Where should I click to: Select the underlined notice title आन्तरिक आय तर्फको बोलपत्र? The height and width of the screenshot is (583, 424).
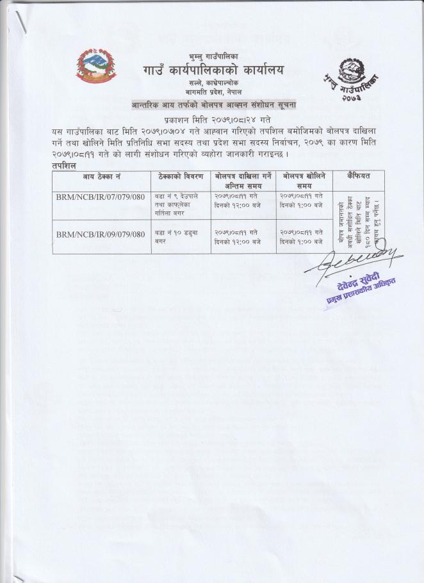[x=213, y=104]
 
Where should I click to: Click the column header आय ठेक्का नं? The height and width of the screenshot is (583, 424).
[x=101, y=176]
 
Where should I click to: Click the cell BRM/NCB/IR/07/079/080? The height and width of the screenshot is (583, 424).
[x=101, y=199]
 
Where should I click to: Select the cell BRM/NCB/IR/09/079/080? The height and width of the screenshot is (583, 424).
[x=101, y=235]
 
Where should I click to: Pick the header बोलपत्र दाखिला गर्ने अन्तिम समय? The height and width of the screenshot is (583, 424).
[x=243, y=179]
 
